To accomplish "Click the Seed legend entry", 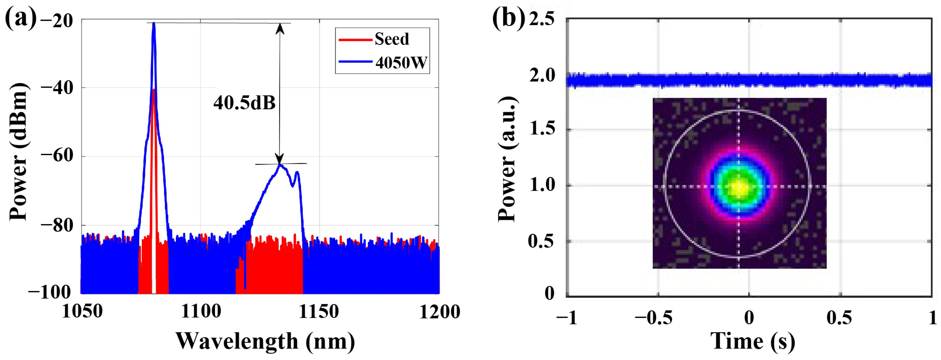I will click(391, 39).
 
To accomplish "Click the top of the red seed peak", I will click(154, 90).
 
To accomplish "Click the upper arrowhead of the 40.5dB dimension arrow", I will click(280, 27).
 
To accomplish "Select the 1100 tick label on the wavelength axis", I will click(201, 311).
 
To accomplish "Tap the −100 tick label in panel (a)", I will click(50, 292).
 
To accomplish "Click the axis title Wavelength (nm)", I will click(265, 341).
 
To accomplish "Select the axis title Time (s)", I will click(752, 341).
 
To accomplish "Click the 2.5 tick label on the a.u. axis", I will click(542, 19).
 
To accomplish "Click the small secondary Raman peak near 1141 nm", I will click(298, 172).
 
